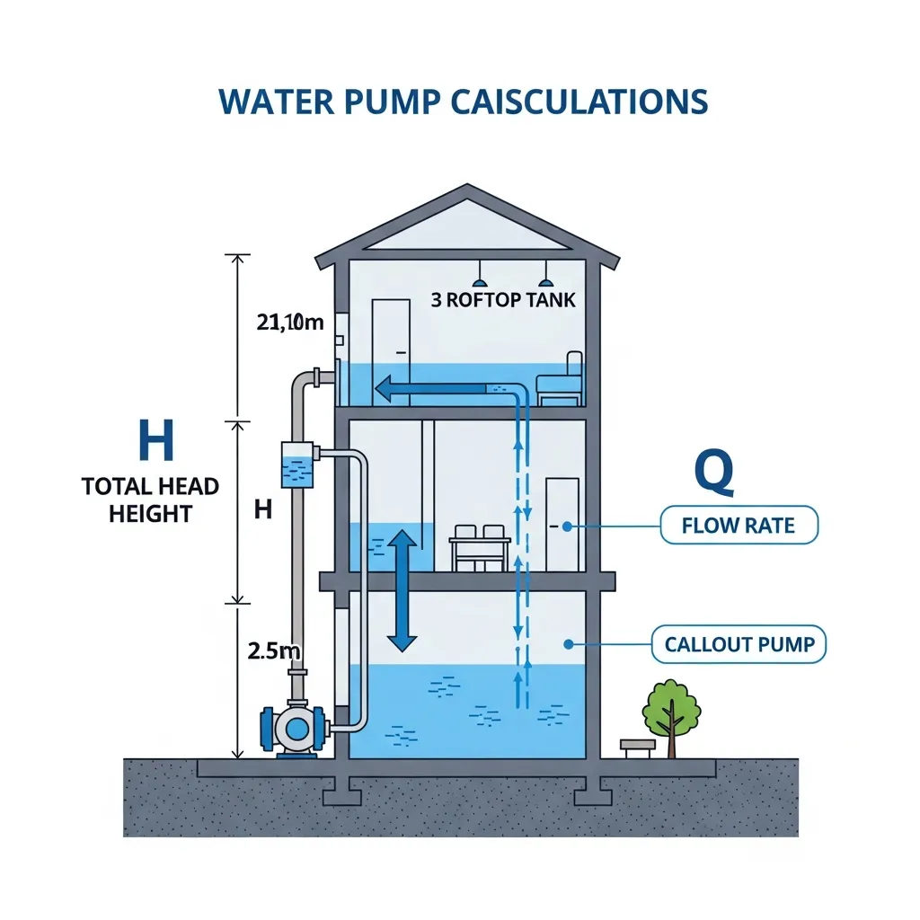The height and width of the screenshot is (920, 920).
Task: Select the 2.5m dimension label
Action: point(272,649)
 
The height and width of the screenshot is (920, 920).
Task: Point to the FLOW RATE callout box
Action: point(739,526)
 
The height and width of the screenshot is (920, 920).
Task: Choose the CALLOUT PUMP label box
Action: point(739,644)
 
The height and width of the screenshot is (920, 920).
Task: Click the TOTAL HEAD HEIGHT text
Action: point(150,500)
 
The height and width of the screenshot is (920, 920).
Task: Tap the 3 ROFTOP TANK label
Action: point(503,300)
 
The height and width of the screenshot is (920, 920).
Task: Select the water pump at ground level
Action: point(295,727)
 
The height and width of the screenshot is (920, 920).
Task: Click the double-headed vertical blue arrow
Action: point(402,590)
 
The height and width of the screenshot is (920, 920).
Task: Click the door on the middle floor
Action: point(562,524)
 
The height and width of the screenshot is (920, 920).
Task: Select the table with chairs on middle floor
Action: point(480,546)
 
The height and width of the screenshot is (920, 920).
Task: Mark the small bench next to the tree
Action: point(634,746)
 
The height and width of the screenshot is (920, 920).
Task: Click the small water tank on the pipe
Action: point(296,464)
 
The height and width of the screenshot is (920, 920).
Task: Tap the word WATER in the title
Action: point(272,102)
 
